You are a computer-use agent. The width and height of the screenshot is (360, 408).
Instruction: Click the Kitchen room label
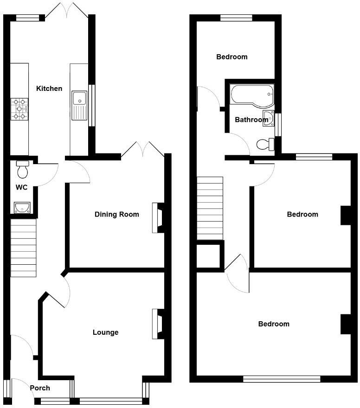coord(49,88)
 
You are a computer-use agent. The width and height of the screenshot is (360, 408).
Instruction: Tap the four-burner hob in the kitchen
coord(19,108)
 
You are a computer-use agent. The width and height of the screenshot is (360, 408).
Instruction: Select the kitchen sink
coord(79,105)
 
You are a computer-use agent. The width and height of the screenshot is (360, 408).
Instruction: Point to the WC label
coord(21,187)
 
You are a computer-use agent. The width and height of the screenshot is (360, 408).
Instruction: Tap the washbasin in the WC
coord(21,207)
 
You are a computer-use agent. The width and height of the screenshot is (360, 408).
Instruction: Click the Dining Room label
coord(116,214)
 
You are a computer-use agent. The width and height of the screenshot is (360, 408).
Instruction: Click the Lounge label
coord(105,332)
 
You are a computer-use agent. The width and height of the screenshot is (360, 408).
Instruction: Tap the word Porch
coord(40,388)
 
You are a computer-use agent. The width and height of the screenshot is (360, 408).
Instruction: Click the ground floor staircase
coord(23,248)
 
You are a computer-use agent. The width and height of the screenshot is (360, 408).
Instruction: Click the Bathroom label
coord(251,120)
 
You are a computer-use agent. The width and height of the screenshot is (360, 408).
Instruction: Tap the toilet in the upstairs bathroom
coord(265,145)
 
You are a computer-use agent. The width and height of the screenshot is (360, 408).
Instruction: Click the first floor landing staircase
coord(210,208)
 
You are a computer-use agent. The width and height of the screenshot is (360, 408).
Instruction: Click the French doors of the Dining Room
coord(143,149)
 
